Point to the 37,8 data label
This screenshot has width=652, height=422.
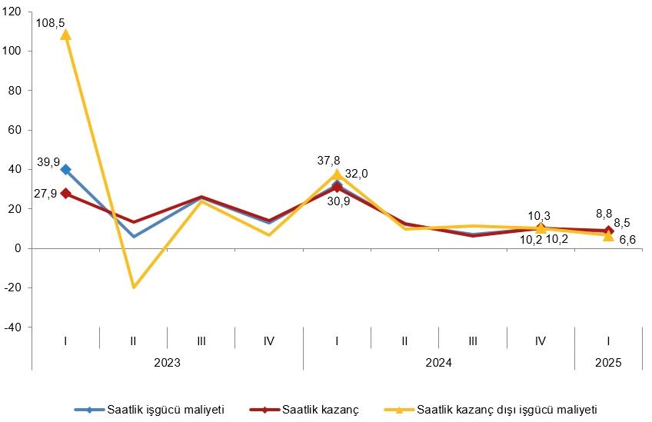[x=329, y=160]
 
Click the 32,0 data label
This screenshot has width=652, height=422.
[x=356, y=174]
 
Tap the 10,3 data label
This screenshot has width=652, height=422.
[x=540, y=216]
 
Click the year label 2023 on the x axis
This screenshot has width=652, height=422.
[x=167, y=361]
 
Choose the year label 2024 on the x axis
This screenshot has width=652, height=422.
[x=438, y=361]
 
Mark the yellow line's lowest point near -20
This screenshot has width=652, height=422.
[x=134, y=287]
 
